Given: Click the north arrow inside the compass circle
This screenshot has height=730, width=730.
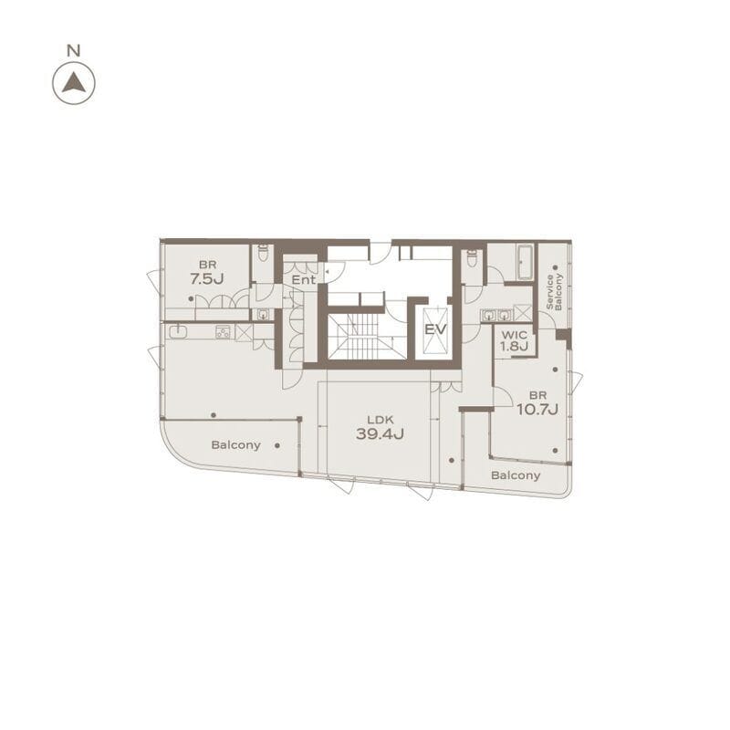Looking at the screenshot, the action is [74, 84].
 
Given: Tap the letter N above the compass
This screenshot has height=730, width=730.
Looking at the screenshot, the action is [74, 50].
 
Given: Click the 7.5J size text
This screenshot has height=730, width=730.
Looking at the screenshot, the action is [207, 278].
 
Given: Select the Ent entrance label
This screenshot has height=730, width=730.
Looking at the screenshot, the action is [304, 279].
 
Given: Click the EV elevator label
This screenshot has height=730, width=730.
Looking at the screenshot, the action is [435, 329].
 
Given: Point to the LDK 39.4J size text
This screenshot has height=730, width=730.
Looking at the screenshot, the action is [380, 433].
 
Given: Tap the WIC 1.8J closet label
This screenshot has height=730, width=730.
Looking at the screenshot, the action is [515, 340].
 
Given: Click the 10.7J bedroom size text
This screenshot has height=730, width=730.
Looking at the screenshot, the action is [537, 409].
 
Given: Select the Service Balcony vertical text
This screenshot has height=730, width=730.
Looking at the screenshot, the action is [555, 292].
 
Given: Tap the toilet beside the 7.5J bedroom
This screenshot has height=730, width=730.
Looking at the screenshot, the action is [263, 253].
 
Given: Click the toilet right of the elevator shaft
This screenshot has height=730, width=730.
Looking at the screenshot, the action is [472, 257].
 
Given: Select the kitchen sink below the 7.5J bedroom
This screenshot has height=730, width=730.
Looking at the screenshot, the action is [178, 332].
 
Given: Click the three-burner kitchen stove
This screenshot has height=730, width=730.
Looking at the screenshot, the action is [223, 332].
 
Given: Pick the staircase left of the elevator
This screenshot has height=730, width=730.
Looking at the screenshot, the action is [367, 336].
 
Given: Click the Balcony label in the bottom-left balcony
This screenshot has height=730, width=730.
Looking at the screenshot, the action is [235, 445].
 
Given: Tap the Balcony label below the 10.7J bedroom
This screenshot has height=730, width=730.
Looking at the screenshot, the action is [516, 475].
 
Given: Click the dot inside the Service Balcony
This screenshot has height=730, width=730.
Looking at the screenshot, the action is [556, 267].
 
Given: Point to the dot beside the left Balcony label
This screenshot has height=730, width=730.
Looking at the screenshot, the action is [277, 445].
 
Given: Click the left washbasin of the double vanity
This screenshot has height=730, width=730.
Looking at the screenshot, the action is [487, 316].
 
